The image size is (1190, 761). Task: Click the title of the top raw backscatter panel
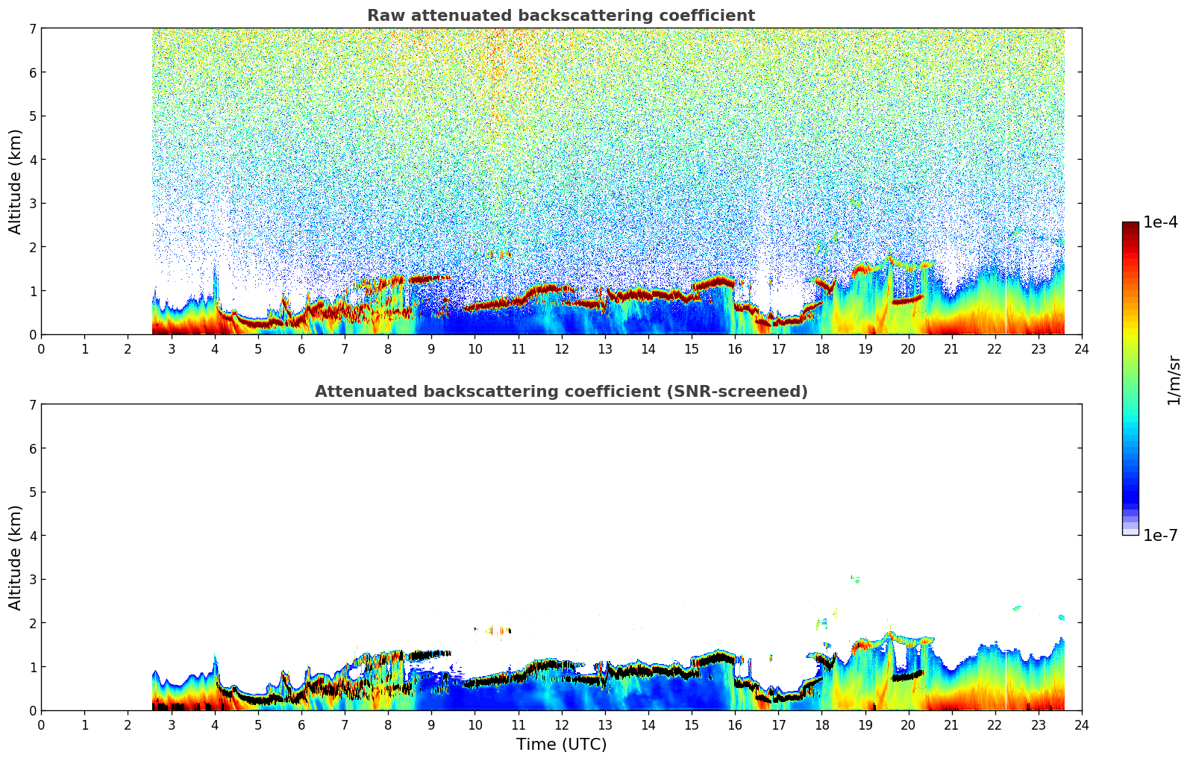[560, 16]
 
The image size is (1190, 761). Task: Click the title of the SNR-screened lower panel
[560, 392]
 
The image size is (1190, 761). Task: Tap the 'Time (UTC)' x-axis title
[561, 745]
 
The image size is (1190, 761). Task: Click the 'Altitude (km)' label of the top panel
[15, 181]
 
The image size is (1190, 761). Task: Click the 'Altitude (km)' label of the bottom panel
[15, 557]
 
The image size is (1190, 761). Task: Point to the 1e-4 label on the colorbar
[1160, 222]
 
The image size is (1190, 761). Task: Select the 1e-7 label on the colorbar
[1160, 536]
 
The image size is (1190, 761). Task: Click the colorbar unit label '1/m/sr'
[1174, 379]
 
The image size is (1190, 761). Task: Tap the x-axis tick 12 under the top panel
[561, 348]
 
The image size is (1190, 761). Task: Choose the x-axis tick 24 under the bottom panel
[1081, 724]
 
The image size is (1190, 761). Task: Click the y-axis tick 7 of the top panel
[32, 28]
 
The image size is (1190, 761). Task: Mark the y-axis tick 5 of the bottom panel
[32, 492]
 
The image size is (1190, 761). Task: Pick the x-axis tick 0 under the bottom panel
[41, 724]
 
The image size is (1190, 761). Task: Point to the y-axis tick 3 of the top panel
[32, 203]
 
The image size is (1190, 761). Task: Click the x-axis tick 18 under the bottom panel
[821, 724]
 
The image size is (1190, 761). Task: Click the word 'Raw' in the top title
[382, 16]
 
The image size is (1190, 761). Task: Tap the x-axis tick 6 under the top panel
[301, 348]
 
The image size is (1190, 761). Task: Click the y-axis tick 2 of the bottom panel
[32, 623]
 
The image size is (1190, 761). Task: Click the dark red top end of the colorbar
[1130, 225]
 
